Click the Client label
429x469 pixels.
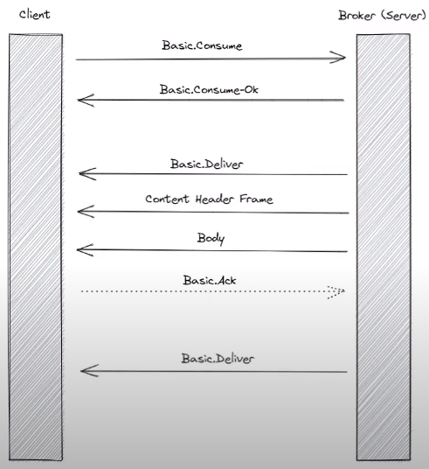pos(34,14)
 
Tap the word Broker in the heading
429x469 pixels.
pos(356,15)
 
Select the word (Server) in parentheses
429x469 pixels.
pos(404,15)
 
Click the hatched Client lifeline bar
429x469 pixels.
pos(36,247)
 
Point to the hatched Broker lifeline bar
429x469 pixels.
pos(384,247)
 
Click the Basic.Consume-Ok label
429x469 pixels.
pos(209,89)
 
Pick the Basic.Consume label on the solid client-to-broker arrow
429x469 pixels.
pos(202,45)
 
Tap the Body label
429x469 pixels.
pos(211,239)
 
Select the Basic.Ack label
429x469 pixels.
pos(210,280)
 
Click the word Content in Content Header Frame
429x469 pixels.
pos(167,199)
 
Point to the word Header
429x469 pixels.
pos(215,199)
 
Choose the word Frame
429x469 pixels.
pos(256,199)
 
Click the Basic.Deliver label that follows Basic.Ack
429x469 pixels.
pos(218,359)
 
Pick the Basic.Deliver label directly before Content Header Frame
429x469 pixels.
pos(207,164)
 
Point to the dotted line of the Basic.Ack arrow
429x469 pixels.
pos(213,290)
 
